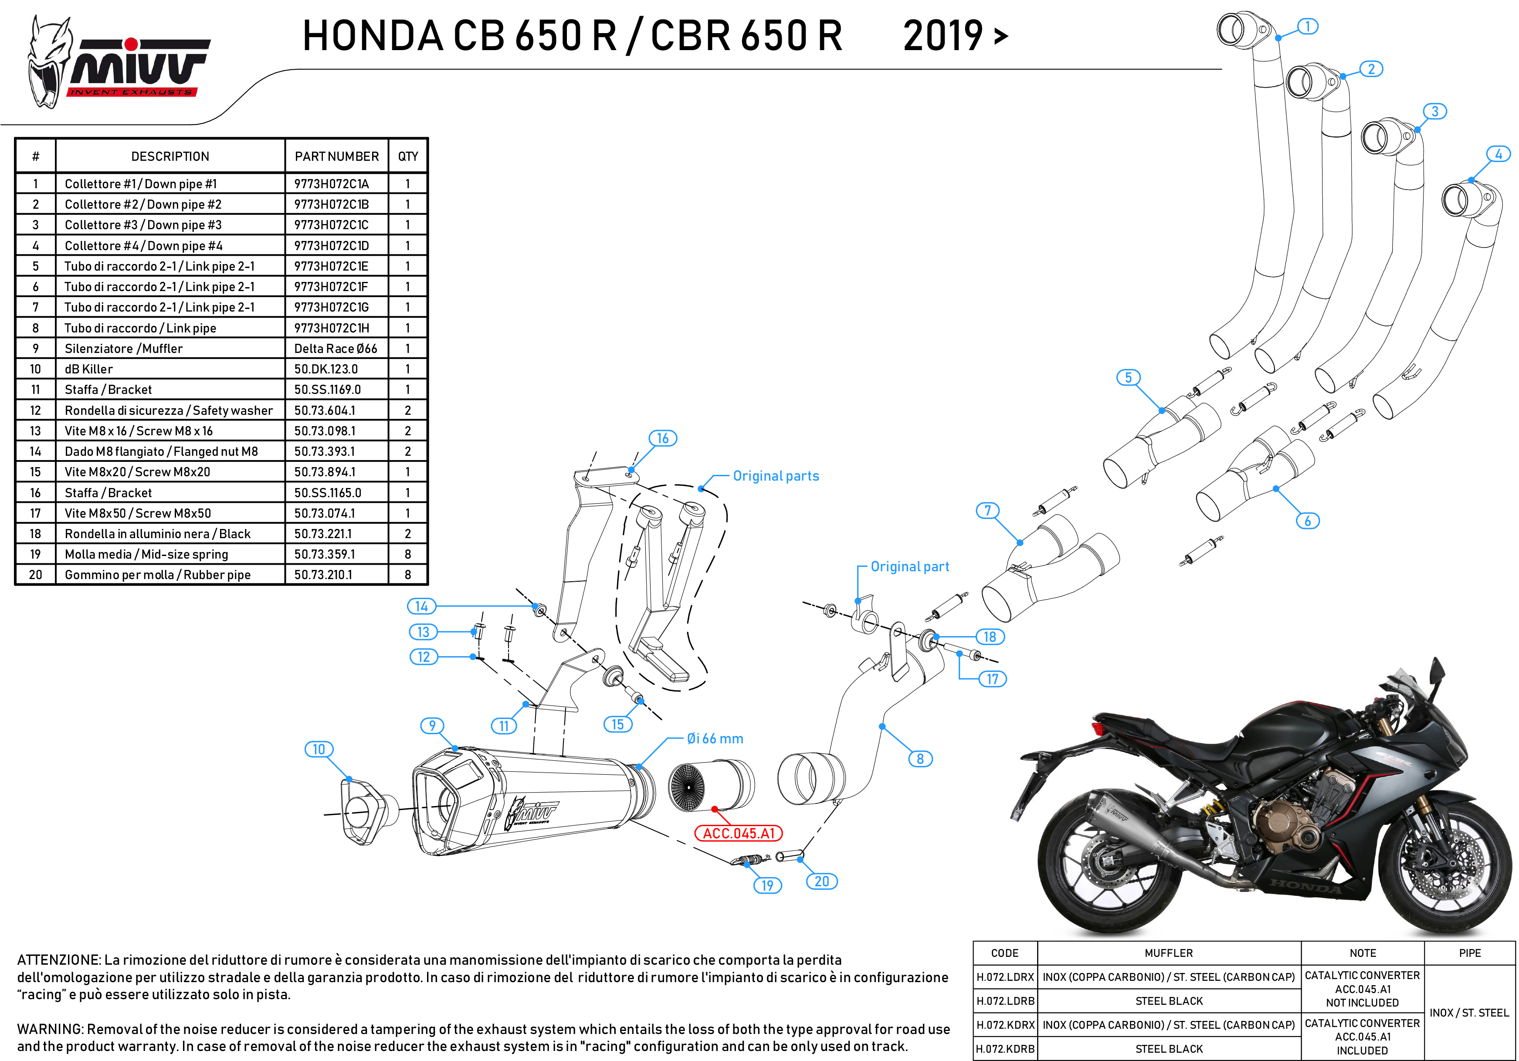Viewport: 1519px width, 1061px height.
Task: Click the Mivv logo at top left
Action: [119, 63]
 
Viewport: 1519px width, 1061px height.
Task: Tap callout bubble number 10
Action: [319, 749]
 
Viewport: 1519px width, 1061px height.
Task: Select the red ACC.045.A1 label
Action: [738, 834]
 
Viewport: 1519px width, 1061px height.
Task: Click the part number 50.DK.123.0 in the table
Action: [326, 369]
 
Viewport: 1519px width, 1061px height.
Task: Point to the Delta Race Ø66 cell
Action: [336, 349]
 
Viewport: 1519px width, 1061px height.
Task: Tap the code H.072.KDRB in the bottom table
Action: [1005, 1049]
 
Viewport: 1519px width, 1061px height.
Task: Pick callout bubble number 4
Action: [1499, 154]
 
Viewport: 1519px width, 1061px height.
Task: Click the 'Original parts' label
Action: [776, 476]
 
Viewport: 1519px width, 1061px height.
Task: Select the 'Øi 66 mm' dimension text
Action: [715, 739]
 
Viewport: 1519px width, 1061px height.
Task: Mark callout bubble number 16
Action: [663, 438]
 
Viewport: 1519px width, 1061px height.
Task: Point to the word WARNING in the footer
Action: [50, 1029]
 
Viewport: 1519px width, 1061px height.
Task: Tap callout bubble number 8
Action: [920, 759]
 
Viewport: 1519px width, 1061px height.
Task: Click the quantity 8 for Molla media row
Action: [407, 554]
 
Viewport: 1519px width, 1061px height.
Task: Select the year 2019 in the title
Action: [943, 36]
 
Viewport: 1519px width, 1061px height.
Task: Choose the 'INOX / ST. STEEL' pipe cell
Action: [1469, 1013]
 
